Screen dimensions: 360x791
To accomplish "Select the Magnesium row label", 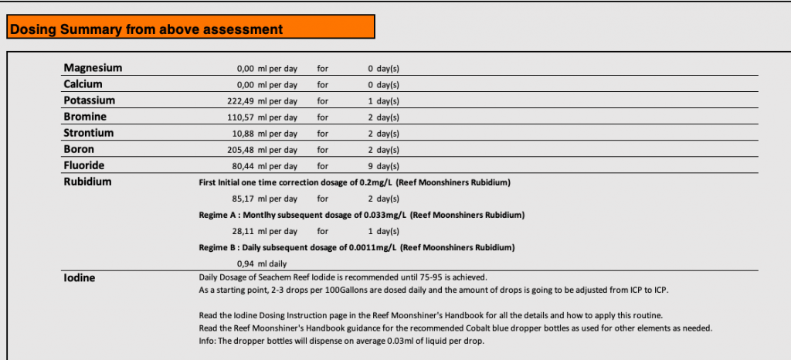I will pyautogui.click(x=93, y=68).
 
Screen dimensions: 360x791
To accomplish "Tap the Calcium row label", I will pyautogui.click(x=83, y=84).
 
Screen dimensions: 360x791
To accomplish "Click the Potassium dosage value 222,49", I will pyautogui.click(x=241, y=101).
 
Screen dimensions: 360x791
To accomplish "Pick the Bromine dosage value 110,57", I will pyautogui.click(x=241, y=117).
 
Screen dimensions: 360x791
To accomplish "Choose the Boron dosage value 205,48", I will pyautogui.click(x=241, y=150).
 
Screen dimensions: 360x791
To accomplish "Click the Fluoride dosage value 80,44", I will pyautogui.click(x=243, y=166).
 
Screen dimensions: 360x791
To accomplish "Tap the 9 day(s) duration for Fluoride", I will pyautogui.click(x=383, y=166).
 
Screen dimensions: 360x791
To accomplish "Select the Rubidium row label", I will pyautogui.click(x=87, y=182).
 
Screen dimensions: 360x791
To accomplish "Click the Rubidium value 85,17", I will pyautogui.click(x=243, y=199).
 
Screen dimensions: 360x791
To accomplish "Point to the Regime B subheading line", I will pyautogui.click(x=357, y=247).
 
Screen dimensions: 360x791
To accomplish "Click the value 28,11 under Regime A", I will pyautogui.click(x=243, y=231).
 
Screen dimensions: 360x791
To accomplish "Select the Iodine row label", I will pyautogui.click(x=79, y=277).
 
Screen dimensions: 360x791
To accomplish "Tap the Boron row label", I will pyautogui.click(x=80, y=149).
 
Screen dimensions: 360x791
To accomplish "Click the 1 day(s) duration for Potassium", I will pyautogui.click(x=383, y=101).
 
